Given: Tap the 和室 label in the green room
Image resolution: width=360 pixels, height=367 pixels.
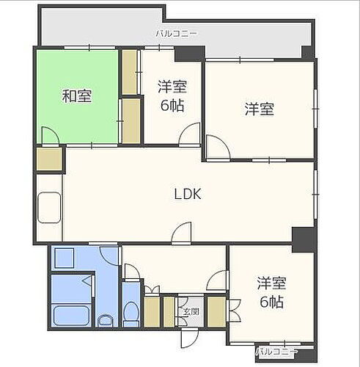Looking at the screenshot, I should click(76, 95).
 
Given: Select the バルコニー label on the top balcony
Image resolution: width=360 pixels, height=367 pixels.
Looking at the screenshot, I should click(175, 34).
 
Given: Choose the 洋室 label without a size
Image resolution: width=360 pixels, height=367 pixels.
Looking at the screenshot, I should click(259, 109).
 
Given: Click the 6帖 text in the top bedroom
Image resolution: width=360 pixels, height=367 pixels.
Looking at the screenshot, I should click(172, 104).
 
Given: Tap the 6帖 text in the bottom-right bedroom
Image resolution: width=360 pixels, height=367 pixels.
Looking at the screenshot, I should click(271, 302).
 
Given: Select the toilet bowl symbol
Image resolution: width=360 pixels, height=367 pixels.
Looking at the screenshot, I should click(131, 316).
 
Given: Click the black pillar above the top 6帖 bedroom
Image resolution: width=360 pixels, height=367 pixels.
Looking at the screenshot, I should click(180, 53).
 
